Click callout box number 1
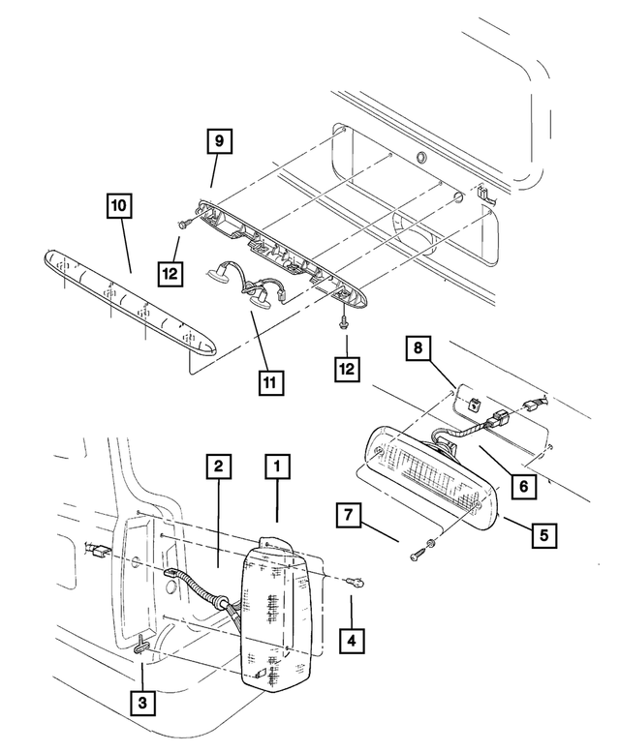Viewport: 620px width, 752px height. coord(277,469)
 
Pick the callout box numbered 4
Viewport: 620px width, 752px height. coord(352,640)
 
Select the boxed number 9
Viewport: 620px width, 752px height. coord(219,142)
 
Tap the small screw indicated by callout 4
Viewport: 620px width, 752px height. coord(358,581)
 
